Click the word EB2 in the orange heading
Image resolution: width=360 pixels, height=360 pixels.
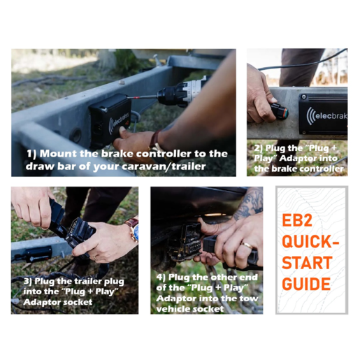[297, 220]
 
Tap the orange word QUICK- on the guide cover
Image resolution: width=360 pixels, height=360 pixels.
[310, 241]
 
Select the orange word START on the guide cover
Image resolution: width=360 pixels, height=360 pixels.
[307, 263]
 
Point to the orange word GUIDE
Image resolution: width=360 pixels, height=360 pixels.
[306, 284]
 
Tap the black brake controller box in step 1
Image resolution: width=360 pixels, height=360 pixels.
[110, 119]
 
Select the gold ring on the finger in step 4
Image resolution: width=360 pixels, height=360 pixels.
[247, 245]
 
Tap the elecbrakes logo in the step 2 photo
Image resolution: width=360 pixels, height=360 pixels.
[326, 116]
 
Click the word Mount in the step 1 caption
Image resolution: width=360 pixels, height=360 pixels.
[58, 154]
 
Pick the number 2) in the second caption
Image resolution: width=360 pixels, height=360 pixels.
[259, 148]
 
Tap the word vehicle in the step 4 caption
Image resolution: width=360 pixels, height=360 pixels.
[171, 309]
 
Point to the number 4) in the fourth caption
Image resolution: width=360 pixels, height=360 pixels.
[161, 278]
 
